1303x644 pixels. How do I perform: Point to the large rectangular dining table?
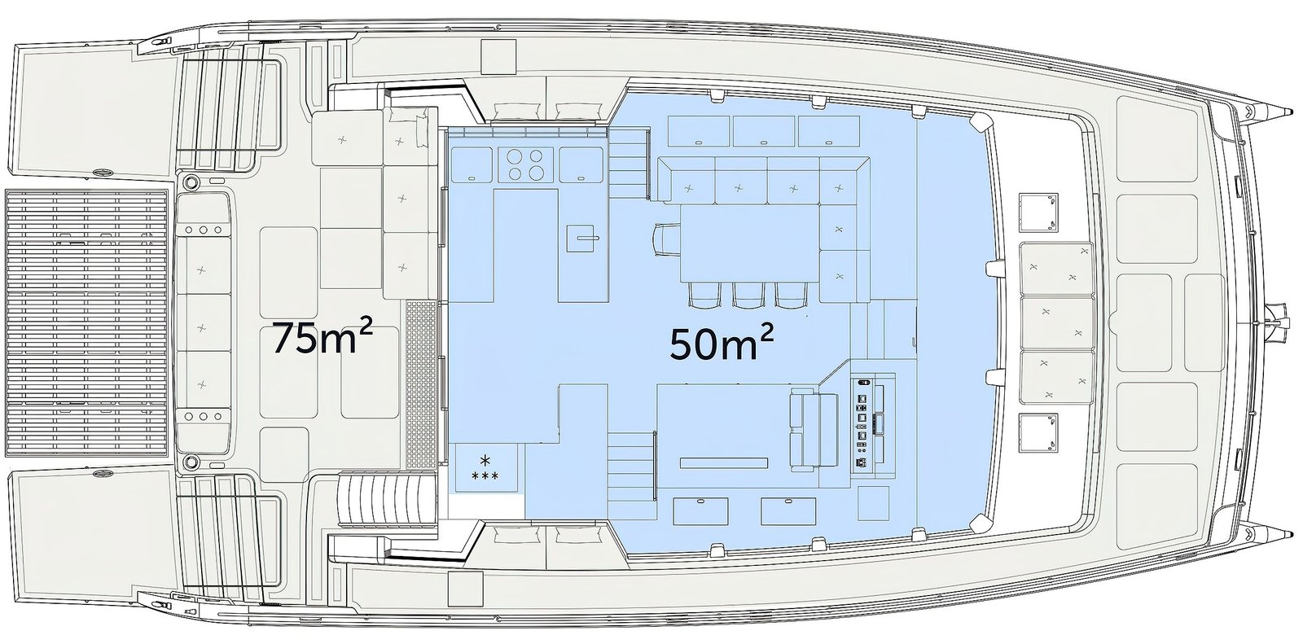pos(749,244)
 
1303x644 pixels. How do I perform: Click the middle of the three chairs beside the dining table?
pos(748,295)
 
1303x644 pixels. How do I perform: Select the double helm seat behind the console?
pos(814,431)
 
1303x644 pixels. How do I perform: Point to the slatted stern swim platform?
pos(86,323)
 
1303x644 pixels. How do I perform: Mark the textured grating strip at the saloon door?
pos(420,384)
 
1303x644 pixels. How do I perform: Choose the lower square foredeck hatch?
pos(1038,433)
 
